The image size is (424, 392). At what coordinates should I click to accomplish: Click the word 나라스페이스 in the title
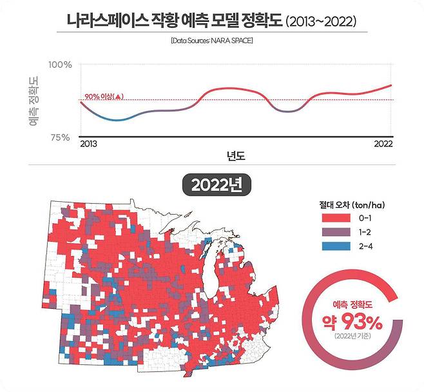pyautogui.click(x=104, y=20)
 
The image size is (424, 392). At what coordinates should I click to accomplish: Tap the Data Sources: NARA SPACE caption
pyautogui.click(x=212, y=41)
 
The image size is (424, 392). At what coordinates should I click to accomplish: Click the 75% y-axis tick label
pyautogui.click(x=61, y=137)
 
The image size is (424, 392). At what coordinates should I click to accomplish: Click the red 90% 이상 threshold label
pyautogui.click(x=102, y=97)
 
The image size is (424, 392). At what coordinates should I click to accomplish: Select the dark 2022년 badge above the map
pyautogui.click(x=211, y=185)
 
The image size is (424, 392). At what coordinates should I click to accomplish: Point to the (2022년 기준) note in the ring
pyautogui.click(x=352, y=336)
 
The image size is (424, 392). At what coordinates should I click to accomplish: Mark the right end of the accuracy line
pyautogui.click(x=392, y=85)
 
